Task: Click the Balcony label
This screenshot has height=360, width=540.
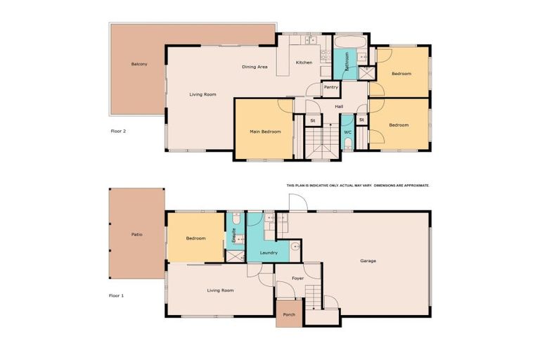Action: (x=139, y=64)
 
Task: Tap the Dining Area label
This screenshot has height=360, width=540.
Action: (x=255, y=67)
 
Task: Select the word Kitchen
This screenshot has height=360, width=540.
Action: (x=304, y=63)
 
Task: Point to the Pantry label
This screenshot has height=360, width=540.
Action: (x=331, y=87)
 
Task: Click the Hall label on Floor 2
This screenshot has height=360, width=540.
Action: (x=339, y=106)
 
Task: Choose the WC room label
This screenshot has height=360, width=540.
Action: (x=347, y=132)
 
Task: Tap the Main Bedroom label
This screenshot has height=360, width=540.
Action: (x=266, y=131)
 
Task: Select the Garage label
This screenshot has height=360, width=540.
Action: (x=368, y=261)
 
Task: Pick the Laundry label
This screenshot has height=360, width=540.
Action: (x=269, y=252)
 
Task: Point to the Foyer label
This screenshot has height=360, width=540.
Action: (x=297, y=279)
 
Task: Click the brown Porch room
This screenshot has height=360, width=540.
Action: (x=289, y=314)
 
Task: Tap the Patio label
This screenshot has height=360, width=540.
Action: (x=137, y=234)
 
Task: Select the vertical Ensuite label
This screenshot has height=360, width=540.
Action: (x=233, y=235)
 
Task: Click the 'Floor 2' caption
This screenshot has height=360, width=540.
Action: (x=119, y=131)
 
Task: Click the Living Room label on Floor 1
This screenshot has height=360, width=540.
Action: (x=220, y=290)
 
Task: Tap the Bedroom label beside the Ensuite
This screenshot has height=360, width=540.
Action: (x=195, y=238)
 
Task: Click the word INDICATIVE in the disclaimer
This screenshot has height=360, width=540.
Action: (x=316, y=186)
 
